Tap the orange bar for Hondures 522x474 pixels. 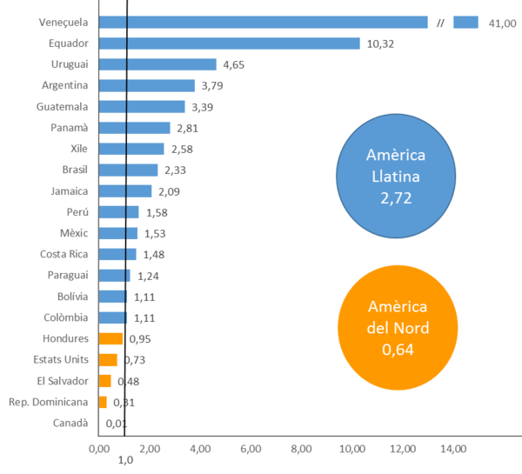click(x=111, y=338)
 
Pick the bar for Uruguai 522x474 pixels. click(x=157, y=64)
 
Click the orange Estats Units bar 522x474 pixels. click(x=108, y=359)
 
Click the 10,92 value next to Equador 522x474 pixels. click(x=379, y=43)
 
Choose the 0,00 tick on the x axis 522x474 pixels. click(x=100, y=449)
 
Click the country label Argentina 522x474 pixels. click(x=64, y=85)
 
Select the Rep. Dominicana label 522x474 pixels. click(x=48, y=402)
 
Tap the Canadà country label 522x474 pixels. click(x=70, y=423)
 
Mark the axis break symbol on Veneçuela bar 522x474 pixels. click(x=440, y=23)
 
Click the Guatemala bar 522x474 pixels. click(x=142, y=106)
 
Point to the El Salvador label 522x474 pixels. click(x=62, y=380)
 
